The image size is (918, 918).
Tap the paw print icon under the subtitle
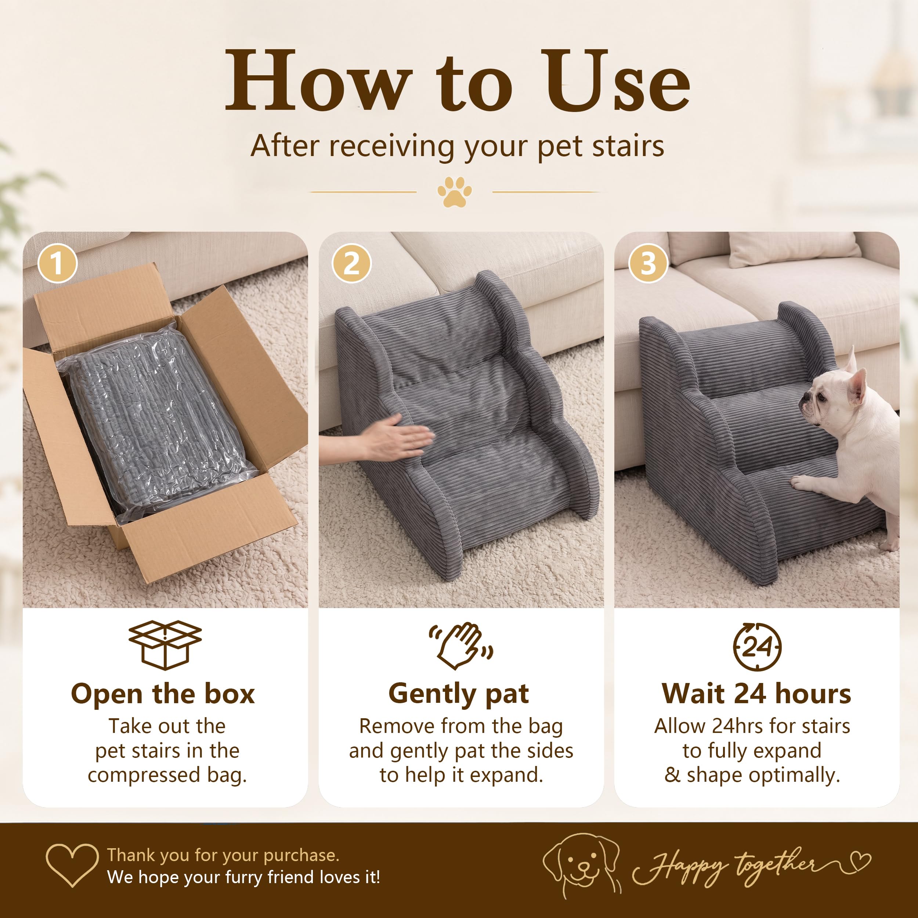[455, 192]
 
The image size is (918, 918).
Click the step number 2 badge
[352, 263]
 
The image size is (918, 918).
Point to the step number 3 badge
[648, 263]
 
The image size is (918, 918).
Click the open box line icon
[165, 645]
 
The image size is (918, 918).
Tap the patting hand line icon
[460, 645]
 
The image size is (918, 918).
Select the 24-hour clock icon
[757, 647]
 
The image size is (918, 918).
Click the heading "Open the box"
[163, 694]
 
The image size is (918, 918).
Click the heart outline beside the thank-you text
[72, 865]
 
